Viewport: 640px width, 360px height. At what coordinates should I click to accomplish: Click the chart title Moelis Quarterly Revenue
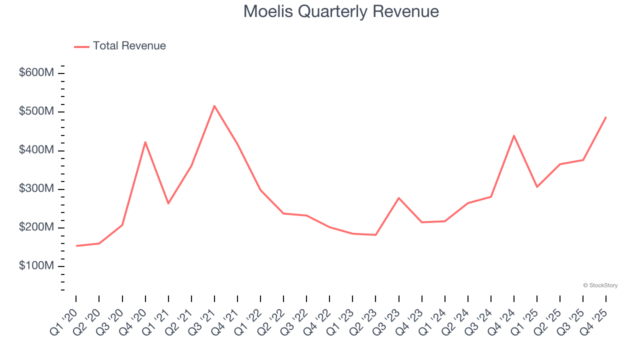pos(341,11)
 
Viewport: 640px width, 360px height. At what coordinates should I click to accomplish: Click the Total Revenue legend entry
pos(120,46)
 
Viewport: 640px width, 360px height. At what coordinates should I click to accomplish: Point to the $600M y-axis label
pos(36,73)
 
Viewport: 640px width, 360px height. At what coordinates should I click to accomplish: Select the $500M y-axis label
pos(36,111)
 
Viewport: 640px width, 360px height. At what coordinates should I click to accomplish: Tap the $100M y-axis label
pos(36,266)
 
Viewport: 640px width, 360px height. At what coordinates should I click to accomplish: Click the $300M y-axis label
pos(36,189)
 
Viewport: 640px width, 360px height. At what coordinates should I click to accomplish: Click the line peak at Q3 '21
pos(214,106)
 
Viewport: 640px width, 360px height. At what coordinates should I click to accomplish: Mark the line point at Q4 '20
pos(145,142)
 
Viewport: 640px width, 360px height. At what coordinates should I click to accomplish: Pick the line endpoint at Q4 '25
pos(606,117)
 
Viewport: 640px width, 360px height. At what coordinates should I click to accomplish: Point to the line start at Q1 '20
pos(76,245)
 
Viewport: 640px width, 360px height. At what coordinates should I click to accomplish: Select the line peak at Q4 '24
pos(514,135)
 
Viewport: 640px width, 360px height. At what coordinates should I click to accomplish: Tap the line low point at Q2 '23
pos(375,234)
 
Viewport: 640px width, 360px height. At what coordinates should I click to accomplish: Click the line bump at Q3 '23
pos(398,198)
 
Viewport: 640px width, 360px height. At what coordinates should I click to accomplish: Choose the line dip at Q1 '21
pos(168,203)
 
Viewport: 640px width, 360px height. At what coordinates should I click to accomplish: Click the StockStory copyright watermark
pos(600,285)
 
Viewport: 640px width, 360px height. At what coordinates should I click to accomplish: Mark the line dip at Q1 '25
pos(537,187)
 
